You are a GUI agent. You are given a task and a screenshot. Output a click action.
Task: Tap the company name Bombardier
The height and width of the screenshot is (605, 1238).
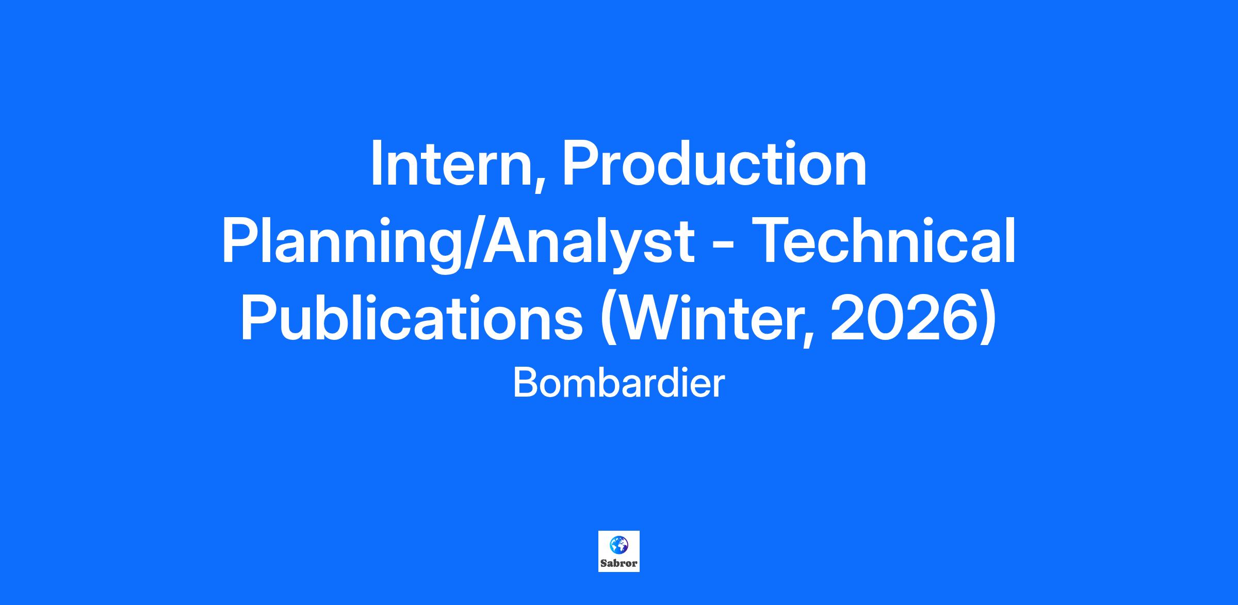coord(619,384)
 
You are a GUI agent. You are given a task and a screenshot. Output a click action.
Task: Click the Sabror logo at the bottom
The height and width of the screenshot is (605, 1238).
coord(619,551)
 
